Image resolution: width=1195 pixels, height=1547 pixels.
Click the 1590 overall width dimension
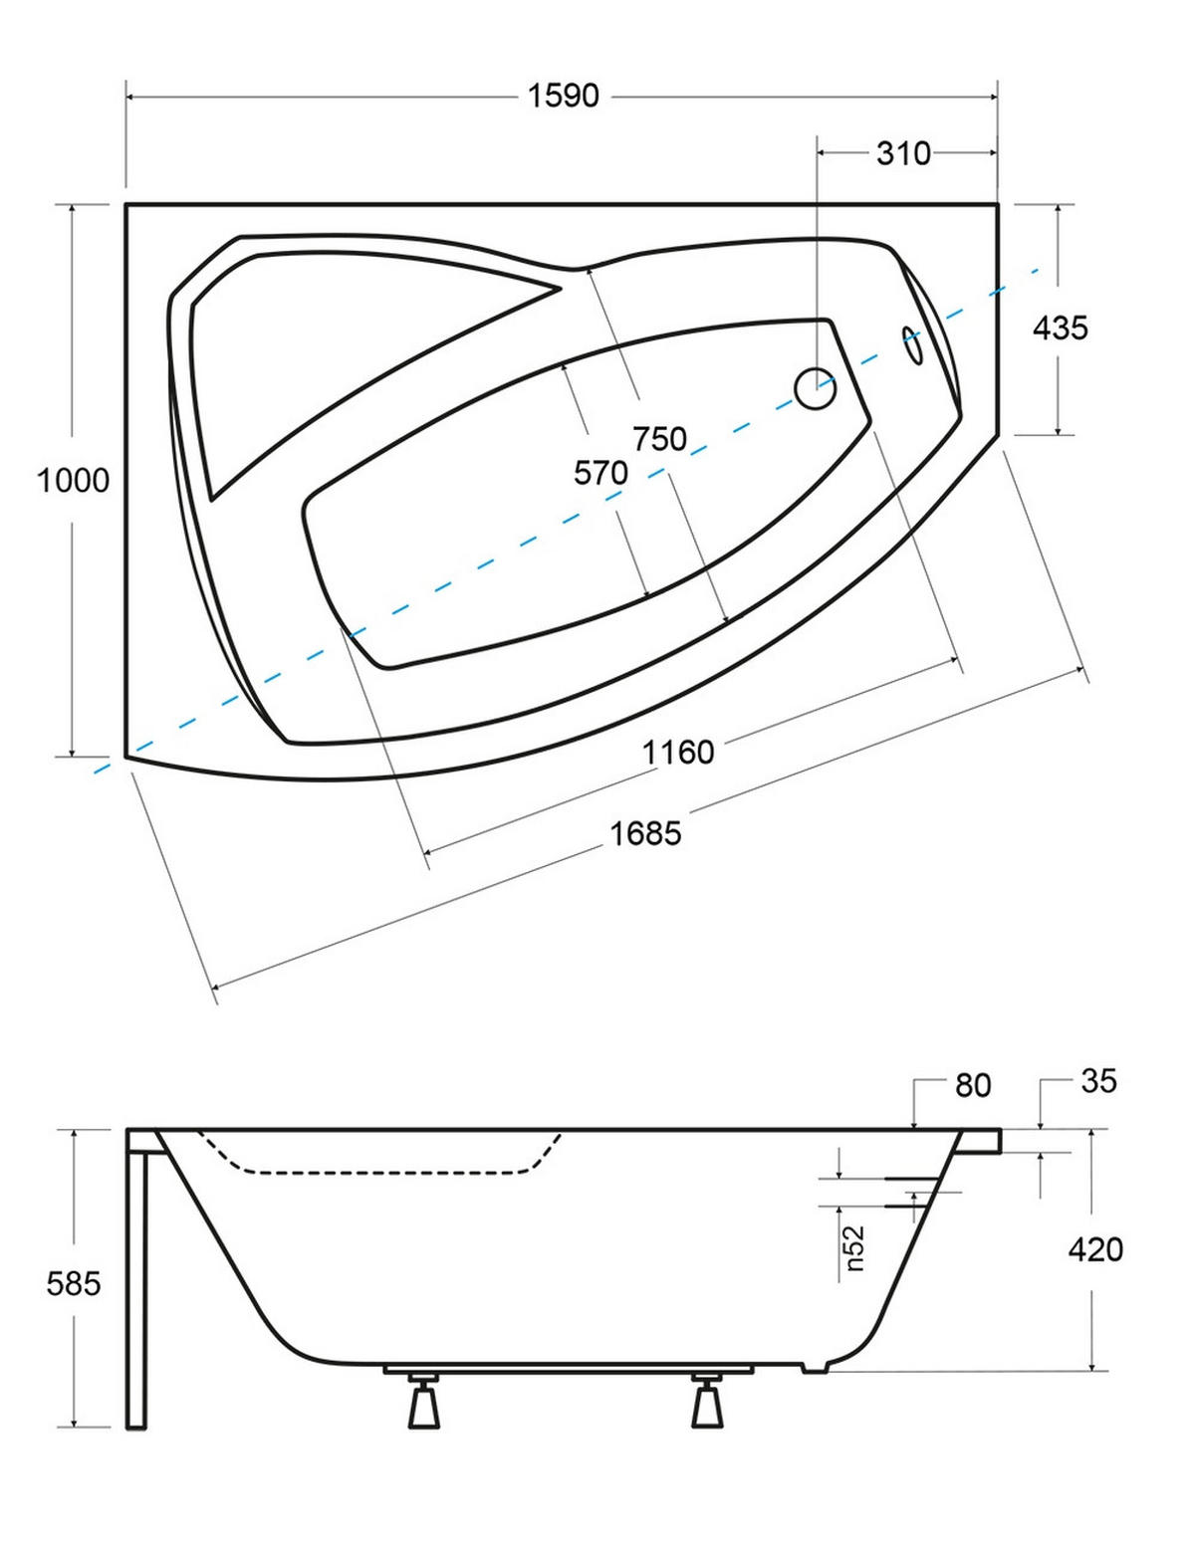click(564, 96)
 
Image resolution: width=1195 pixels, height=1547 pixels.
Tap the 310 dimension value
click(903, 153)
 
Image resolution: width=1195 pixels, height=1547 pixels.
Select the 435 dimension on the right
click(1061, 329)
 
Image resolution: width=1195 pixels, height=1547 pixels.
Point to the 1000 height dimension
click(74, 481)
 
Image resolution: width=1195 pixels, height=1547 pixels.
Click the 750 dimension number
click(660, 439)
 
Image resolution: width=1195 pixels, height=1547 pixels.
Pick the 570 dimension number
click(601, 473)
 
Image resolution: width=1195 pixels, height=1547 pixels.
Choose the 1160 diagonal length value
click(678, 752)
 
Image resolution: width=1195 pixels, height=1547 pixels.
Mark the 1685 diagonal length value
click(646, 833)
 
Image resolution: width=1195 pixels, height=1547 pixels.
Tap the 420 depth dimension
click(1095, 1249)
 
